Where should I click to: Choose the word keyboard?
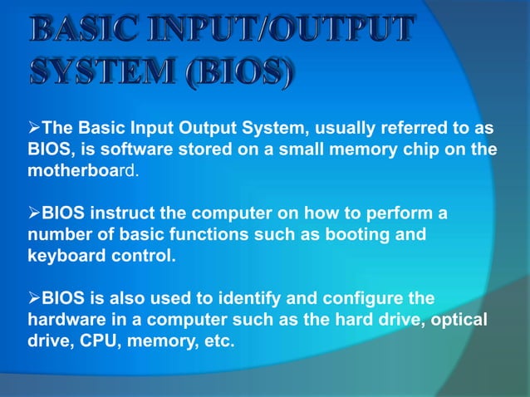click(54, 256)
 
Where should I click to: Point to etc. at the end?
click(213, 341)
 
